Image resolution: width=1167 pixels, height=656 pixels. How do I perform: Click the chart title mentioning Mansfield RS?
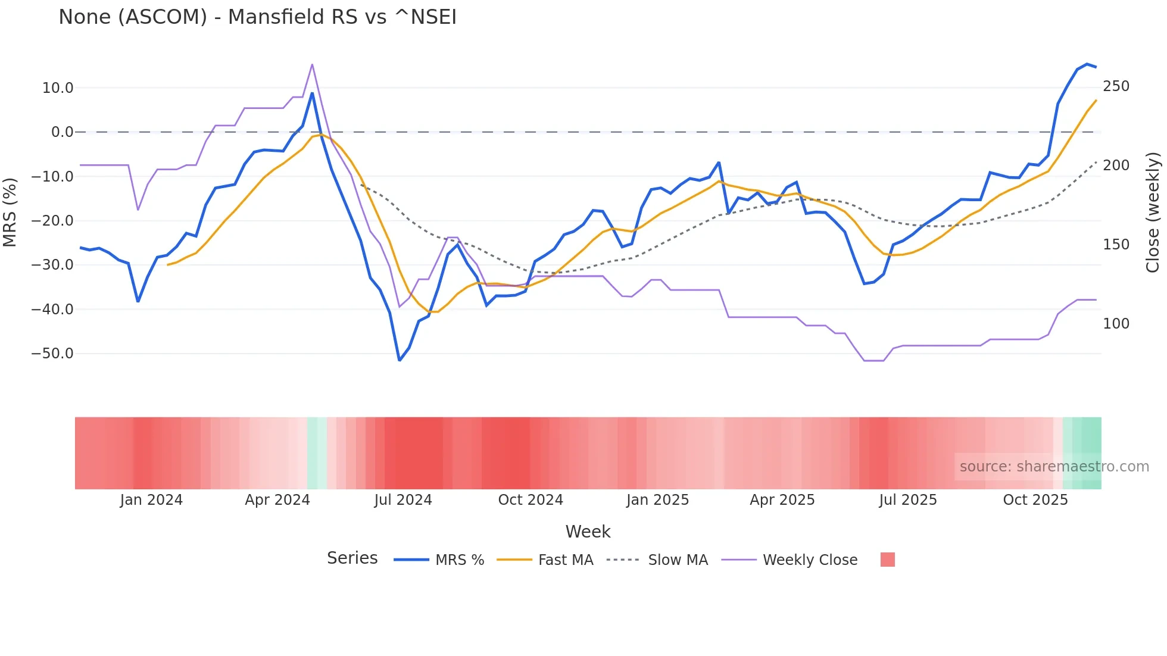(x=257, y=17)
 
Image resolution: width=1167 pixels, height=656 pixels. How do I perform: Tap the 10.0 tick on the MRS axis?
(x=58, y=88)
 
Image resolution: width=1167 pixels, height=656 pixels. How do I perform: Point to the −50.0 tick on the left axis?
(x=52, y=354)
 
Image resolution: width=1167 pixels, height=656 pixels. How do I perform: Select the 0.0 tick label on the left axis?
(x=62, y=132)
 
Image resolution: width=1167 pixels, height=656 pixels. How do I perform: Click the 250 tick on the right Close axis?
(x=1116, y=86)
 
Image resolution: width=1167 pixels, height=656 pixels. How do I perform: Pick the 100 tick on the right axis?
(x=1116, y=324)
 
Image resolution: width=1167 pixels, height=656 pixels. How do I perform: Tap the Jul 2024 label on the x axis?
(x=402, y=500)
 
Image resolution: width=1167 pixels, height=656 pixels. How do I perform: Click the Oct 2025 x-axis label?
(x=1035, y=500)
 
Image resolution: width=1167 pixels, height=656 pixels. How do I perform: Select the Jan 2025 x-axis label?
(x=657, y=500)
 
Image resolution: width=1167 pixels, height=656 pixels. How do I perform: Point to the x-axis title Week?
(x=588, y=532)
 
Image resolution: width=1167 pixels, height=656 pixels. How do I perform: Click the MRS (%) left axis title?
(x=10, y=212)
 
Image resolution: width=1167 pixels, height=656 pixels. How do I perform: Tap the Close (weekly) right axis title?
(x=1153, y=212)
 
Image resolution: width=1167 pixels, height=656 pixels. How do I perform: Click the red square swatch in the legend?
(x=887, y=560)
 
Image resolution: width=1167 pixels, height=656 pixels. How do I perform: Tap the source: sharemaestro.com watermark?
(x=1054, y=467)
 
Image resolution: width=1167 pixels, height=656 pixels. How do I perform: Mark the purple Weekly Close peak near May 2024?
(x=312, y=65)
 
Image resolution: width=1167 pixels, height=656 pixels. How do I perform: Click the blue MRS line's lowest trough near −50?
(x=400, y=360)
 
